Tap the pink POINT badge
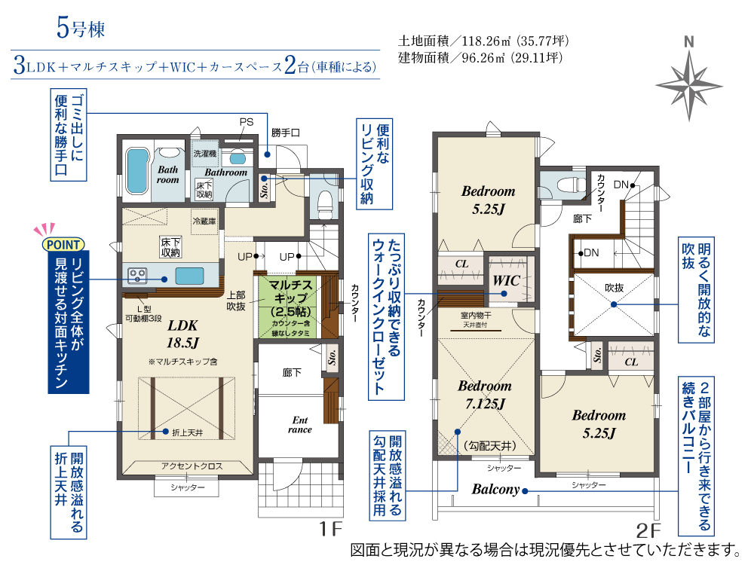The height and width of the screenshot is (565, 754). (63, 244)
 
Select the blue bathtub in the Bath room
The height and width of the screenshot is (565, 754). (137, 171)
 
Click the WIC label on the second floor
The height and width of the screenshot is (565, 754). (506, 280)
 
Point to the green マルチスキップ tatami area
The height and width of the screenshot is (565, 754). (287, 307)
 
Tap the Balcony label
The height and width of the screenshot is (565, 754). (495, 490)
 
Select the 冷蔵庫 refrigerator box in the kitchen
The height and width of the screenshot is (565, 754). (204, 221)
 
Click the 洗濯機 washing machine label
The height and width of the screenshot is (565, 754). (205, 154)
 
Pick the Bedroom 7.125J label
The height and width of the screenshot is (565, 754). (485, 395)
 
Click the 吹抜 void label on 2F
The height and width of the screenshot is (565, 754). (614, 288)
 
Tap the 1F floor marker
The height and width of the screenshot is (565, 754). (331, 529)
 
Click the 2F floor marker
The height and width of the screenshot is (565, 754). (648, 530)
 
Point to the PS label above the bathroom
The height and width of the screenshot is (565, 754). (247, 122)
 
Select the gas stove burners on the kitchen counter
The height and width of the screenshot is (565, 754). (137, 275)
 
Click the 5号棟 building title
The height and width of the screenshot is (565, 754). (81, 27)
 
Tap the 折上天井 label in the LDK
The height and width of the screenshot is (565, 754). (188, 433)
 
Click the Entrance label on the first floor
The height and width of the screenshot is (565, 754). (299, 425)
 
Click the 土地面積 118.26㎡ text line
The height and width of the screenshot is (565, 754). (483, 41)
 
